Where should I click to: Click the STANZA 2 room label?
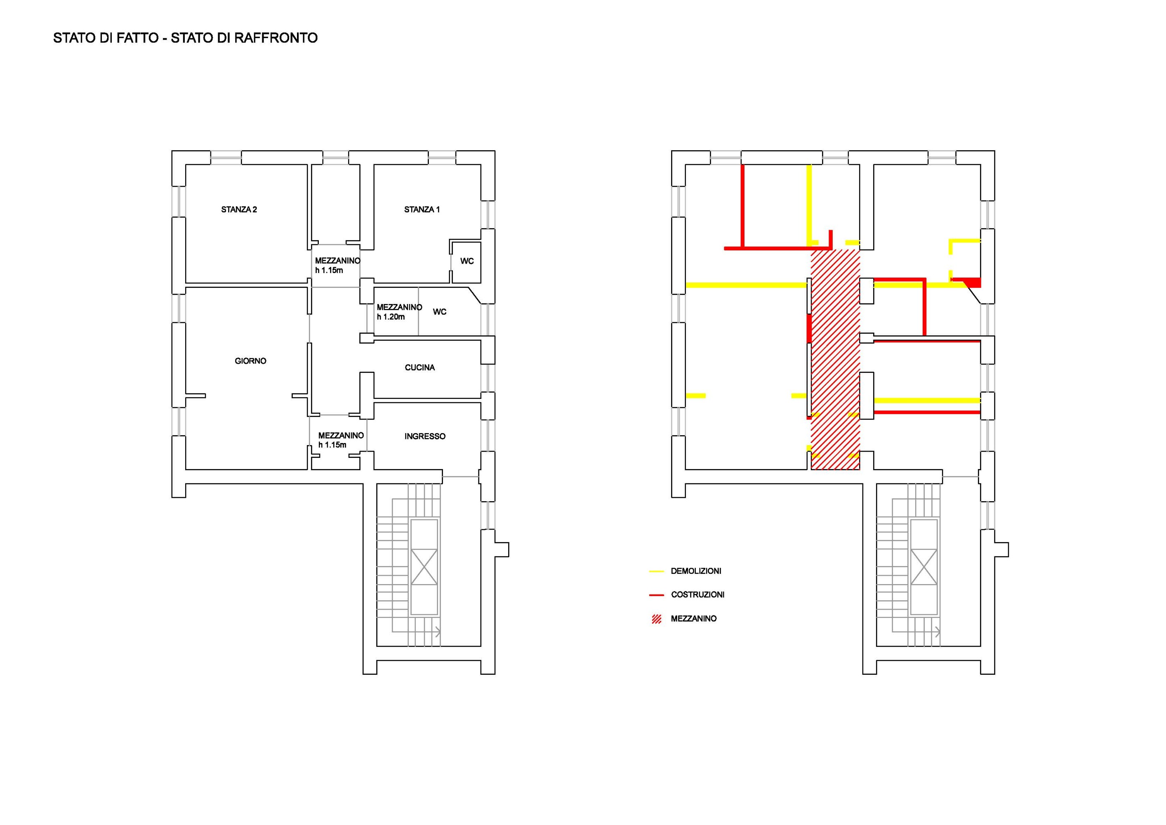tap(239, 209)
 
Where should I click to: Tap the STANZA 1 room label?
tap(422, 209)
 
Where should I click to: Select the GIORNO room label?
tap(250, 361)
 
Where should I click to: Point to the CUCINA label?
tap(419, 367)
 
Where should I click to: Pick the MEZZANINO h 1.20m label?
tap(399, 312)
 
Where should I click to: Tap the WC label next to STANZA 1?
tap(467, 261)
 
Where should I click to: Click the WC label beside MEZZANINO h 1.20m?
tap(439, 311)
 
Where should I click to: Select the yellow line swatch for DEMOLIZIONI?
tap(656, 571)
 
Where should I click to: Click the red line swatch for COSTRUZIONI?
tap(656, 595)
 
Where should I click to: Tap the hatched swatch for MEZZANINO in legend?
tap(657, 619)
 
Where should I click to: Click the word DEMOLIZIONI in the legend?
tap(696, 571)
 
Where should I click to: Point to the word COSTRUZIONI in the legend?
tap(697, 594)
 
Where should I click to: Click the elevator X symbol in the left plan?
tap(424, 567)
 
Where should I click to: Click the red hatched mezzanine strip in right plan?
tap(835, 359)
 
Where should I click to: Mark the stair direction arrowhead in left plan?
tap(438, 632)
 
